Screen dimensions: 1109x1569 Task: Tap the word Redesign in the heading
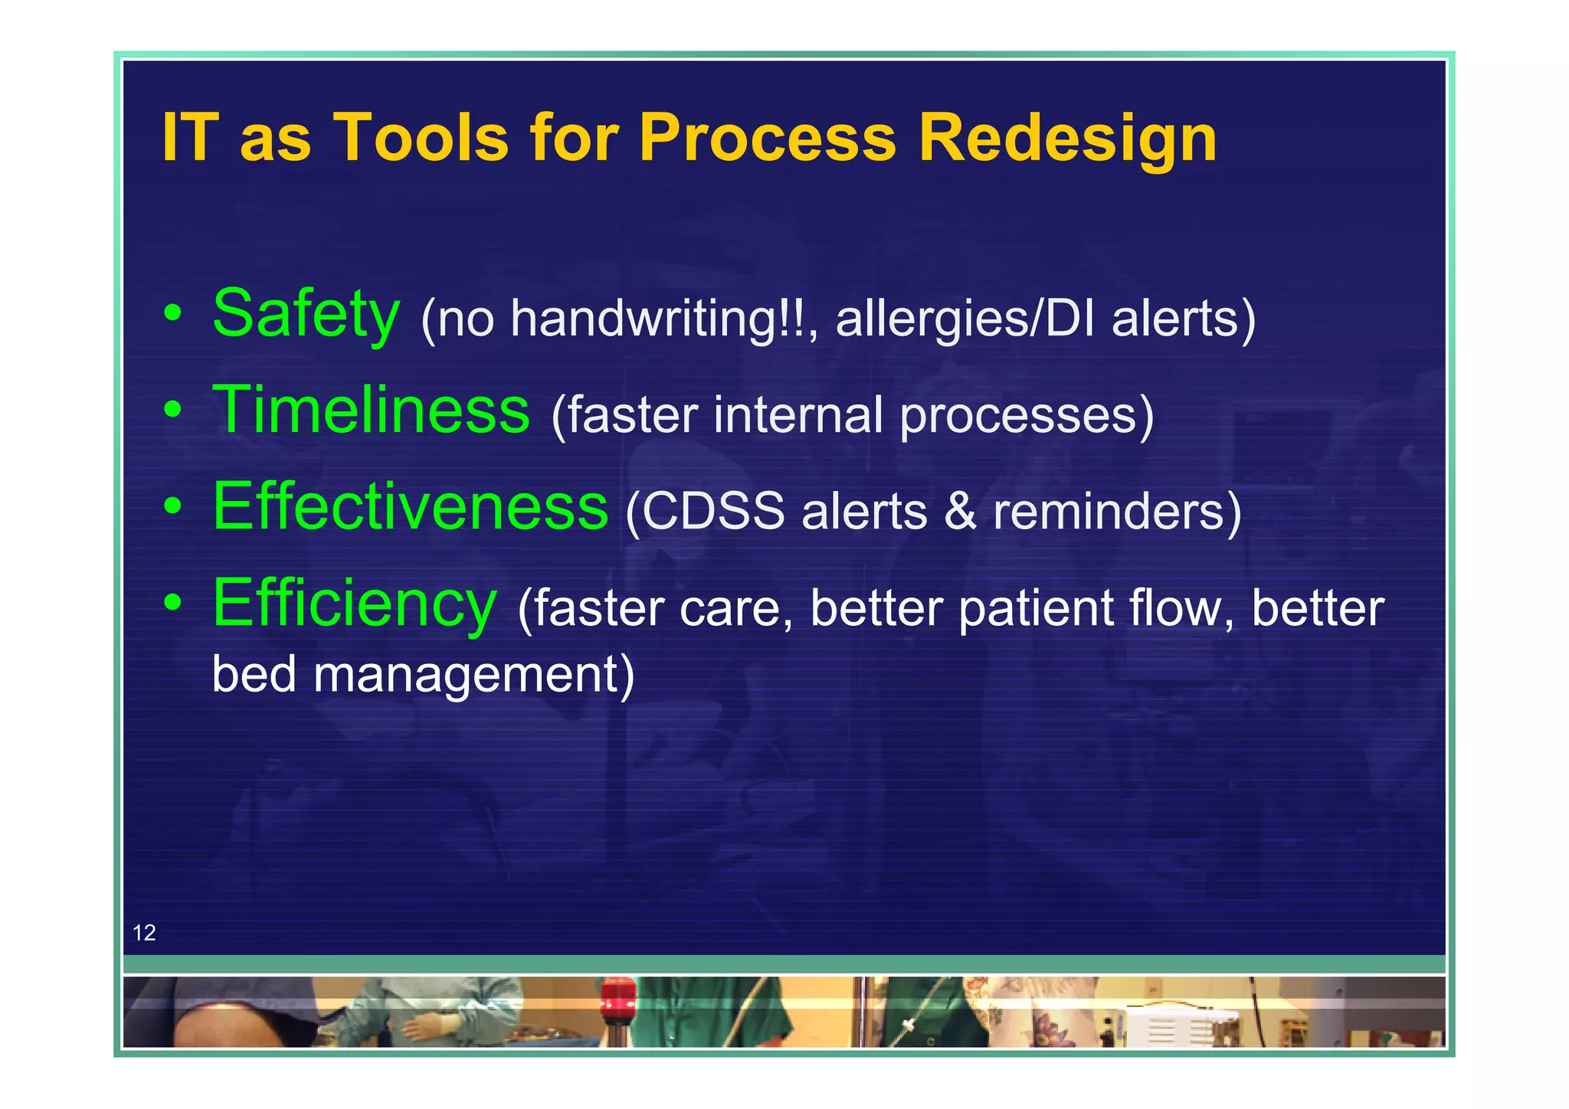click(x=1066, y=139)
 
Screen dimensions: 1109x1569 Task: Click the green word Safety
click(x=306, y=314)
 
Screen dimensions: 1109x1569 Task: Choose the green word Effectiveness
click(x=410, y=506)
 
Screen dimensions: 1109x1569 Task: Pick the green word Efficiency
click(x=354, y=604)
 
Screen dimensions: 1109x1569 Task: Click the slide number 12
click(x=144, y=932)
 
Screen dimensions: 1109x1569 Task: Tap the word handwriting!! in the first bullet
click(x=660, y=318)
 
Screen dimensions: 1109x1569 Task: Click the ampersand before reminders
click(x=960, y=511)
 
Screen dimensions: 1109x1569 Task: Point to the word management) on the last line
click(x=473, y=674)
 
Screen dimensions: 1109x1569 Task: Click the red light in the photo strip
click(x=617, y=999)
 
